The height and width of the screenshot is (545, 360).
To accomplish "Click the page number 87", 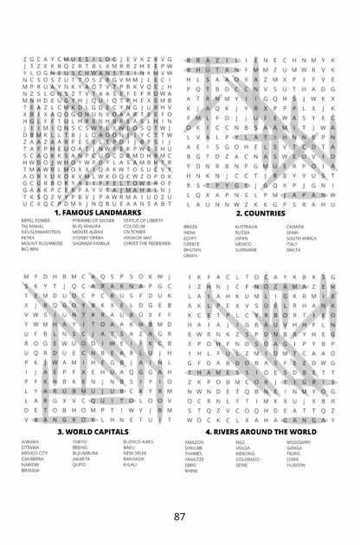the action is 179,516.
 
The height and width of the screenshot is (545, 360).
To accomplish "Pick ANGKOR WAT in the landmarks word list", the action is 138,238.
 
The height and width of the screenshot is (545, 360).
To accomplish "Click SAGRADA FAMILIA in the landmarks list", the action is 91,244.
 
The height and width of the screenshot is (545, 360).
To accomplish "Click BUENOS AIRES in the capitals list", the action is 138,441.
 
